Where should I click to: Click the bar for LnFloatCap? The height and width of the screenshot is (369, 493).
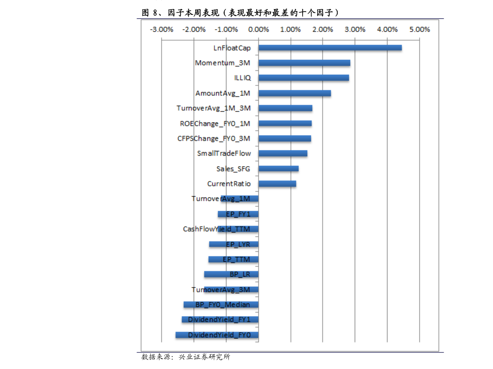(x=330, y=48)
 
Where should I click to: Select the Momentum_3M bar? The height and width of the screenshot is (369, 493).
(x=304, y=63)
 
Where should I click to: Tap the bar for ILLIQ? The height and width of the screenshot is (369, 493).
(x=304, y=78)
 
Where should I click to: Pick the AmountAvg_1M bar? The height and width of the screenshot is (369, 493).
(x=295, y=93)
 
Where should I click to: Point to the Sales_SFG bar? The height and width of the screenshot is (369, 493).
(x=279, y=169)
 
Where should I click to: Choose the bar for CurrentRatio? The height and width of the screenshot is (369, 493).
(x=277, y=183)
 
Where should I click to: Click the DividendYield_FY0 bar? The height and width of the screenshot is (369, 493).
(x=217, y=335)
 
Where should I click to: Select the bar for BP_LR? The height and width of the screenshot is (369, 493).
(x=231, y=274)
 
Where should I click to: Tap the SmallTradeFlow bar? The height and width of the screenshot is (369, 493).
(x=283, y=153)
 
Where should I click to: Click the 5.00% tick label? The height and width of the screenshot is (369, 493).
(x=419, y=29)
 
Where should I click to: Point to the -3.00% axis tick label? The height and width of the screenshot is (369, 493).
(x=161, y=29)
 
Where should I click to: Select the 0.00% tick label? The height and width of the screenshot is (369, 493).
(x=258, y=29)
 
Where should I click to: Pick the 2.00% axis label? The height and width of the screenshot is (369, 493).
(x=322, y=29)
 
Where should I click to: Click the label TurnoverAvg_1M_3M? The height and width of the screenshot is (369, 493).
(x=214, y=108)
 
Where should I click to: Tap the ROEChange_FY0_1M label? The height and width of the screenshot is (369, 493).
(x=215, y=124)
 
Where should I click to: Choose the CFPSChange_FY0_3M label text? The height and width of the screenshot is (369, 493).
(x=214, y=138)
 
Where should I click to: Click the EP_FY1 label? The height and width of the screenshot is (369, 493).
(x=238, y=214)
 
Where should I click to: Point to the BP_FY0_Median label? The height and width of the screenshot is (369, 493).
(x=223, y=305)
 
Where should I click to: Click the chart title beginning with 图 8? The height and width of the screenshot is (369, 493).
(x=240, y=12)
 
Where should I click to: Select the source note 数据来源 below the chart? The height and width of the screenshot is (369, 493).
(x=186, y=357)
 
